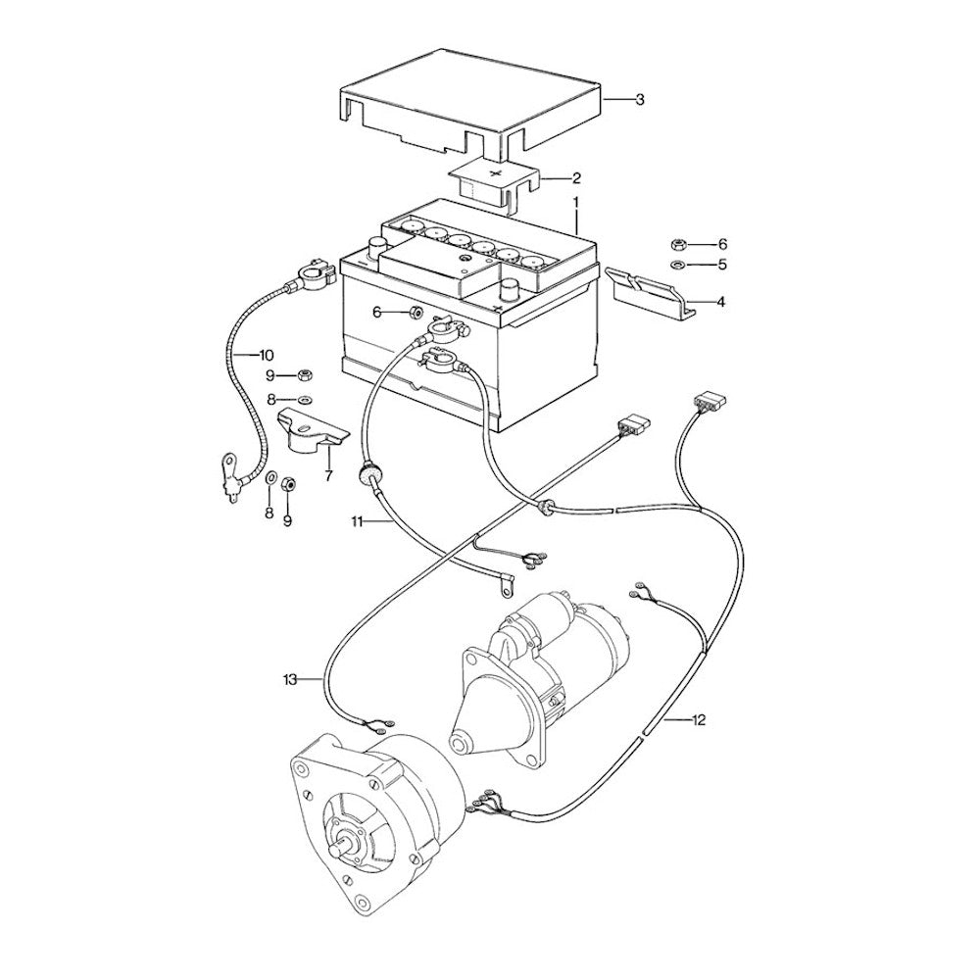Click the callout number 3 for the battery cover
639,100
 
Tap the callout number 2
576,178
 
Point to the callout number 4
720,303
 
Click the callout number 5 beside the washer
722,265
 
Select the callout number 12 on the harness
698,720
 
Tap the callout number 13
290,679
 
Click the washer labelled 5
678,265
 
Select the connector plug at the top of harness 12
706,402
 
